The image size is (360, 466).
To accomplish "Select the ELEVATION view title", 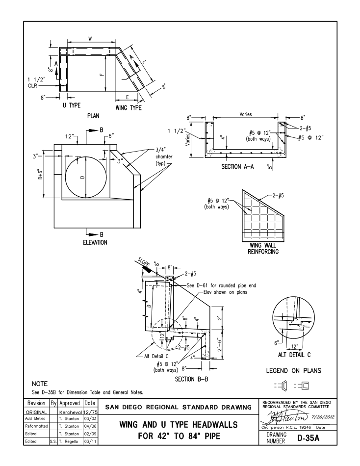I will tap(89, 242).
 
